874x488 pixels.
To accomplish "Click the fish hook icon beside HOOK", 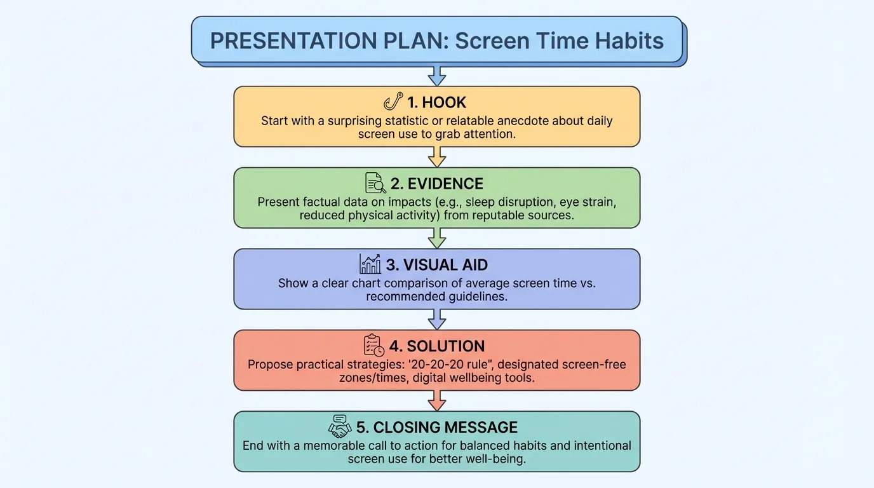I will [x=394, y=102].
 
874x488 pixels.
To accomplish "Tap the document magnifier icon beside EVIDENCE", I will [x=375, y=183].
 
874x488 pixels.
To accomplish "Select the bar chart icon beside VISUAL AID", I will [x=370, y=264].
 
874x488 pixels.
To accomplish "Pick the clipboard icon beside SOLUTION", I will [x=373, y=346].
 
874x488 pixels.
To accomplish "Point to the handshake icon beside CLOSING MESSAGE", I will [x=340, y=426].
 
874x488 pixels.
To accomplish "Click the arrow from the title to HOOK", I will [x=437, y=75].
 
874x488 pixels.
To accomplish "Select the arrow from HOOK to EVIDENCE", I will [x=437, y=157].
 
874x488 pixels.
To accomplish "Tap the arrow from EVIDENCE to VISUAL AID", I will [x=437, y=238].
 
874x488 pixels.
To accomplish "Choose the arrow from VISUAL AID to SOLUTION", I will [x=437, y=319].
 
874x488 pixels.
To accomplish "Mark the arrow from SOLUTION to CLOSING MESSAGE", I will [x=437, y=400].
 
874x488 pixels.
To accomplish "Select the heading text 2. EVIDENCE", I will [x=437, y=184].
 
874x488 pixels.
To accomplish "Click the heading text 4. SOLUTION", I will [x=437, y=346].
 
